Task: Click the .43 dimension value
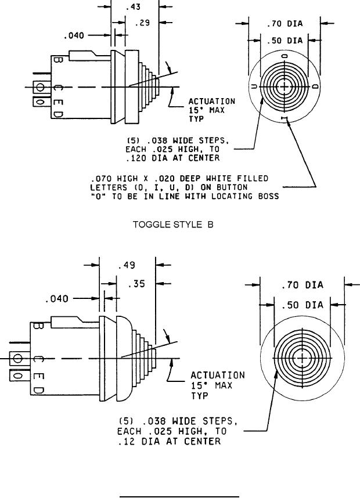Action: (x=133, y=6)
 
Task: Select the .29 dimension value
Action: (x=142, y=23)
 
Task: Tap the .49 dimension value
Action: (x=127, y=265)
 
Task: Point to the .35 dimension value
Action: (x=136, y=284)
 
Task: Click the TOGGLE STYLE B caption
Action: (x=173, y=225)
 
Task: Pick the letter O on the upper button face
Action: (x=285, y=56)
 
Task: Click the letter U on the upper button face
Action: (x=254, y=86)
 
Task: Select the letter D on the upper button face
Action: (x=315, y=86)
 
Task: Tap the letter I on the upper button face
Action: (x=285, y=118)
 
